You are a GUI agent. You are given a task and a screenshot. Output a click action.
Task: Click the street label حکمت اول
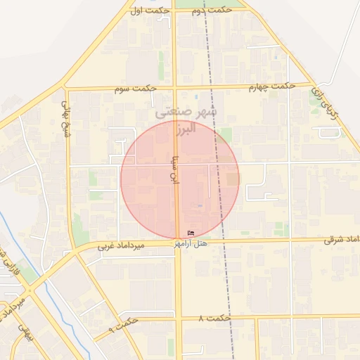coord(150,10)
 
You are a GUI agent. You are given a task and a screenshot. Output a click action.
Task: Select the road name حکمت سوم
coord(134,89)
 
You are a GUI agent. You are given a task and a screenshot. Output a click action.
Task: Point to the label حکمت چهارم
coord(271,86)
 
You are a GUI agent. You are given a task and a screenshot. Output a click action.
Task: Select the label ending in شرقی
coord(342,240)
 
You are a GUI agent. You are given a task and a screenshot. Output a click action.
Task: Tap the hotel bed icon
coord(191,233)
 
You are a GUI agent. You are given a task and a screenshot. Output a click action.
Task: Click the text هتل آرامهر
coord(191,243)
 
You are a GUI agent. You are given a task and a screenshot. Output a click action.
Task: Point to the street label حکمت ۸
coord(214,319)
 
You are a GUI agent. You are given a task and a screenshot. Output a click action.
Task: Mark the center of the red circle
coord(180,179)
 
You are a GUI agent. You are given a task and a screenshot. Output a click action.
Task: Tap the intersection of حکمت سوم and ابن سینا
coord(175,89)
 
